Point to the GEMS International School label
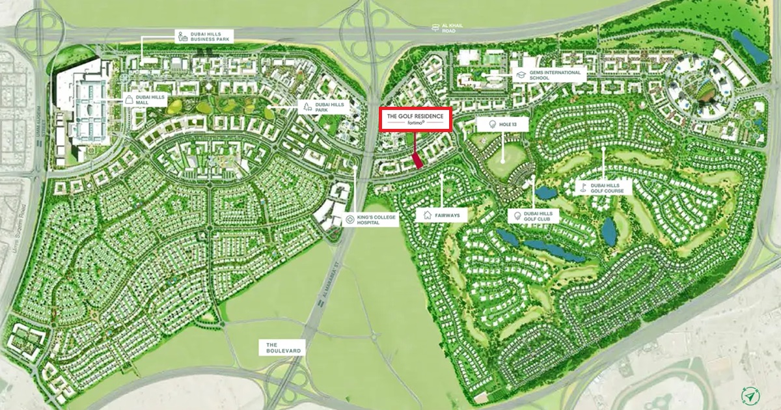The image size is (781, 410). pyautogui.click(x=549, y=75)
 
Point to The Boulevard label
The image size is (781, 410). pyautogui.click(x=283, y=347)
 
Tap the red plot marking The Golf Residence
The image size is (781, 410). pyautogui.click(x=418, y=160)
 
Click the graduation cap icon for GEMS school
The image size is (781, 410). pyautogui.click(x=521, y=75)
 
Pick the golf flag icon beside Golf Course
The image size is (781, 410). pyautogui.click(x=584, y=187)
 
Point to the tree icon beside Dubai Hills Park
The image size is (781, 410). pyautogui.click(x=306, y=107)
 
